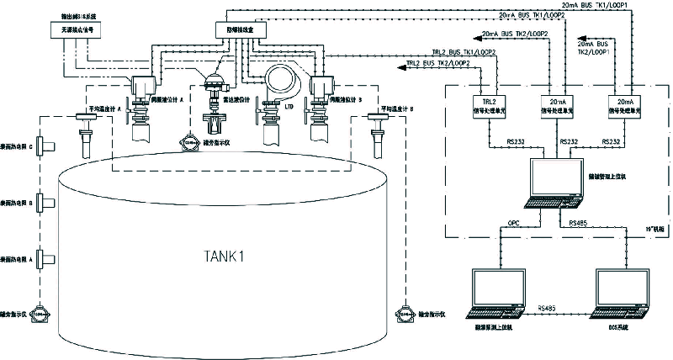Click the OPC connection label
click(x=516, y=225)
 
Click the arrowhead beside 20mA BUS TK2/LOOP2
click(x=476, y=34)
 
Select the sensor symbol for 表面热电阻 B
click(x=45, y=203)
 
